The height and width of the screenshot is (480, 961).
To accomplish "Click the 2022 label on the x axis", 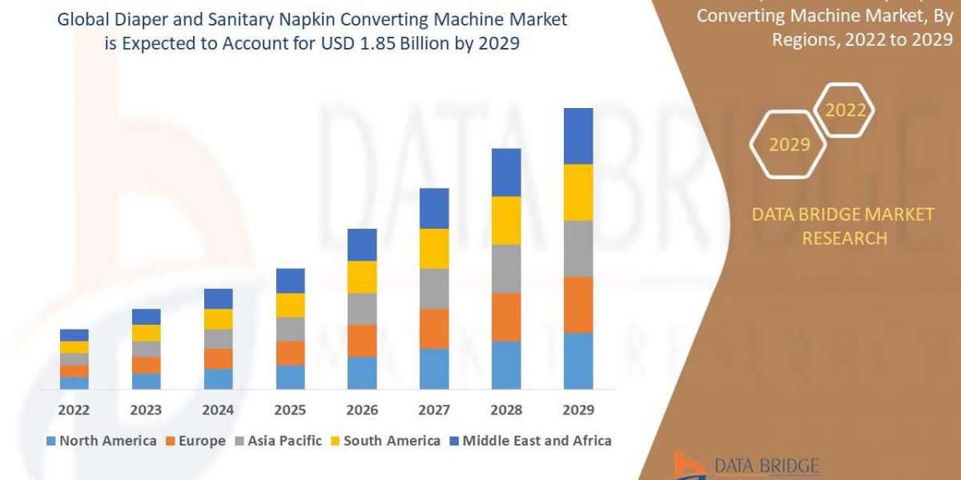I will (x=74, y=410).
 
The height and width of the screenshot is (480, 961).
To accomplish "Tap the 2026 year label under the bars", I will (x=362, y=410).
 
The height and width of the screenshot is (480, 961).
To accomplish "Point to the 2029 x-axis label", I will (x=578, y=410).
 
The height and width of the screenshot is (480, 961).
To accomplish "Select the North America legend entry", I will (x=102, y=441).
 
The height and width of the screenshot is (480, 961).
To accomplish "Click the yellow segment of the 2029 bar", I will (x=578, y=192).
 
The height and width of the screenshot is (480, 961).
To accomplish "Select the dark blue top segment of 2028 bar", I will (x=506, y=172).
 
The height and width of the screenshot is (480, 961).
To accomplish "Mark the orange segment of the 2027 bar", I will (x=434, y=328).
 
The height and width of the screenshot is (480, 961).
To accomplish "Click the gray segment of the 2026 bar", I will (x=362, y=309).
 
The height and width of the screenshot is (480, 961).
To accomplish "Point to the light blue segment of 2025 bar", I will (x=290, y=377).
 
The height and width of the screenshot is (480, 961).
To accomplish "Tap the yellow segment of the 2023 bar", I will (x=146, y=333).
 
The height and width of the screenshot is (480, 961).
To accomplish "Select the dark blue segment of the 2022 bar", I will (x=74, y=335).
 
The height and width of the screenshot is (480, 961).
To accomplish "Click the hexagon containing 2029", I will (x=789, y=144).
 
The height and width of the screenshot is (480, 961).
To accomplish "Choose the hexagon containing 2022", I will (x=846, y=110).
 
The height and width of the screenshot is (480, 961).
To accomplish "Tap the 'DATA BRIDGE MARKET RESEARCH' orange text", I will (x=844, y=226).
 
